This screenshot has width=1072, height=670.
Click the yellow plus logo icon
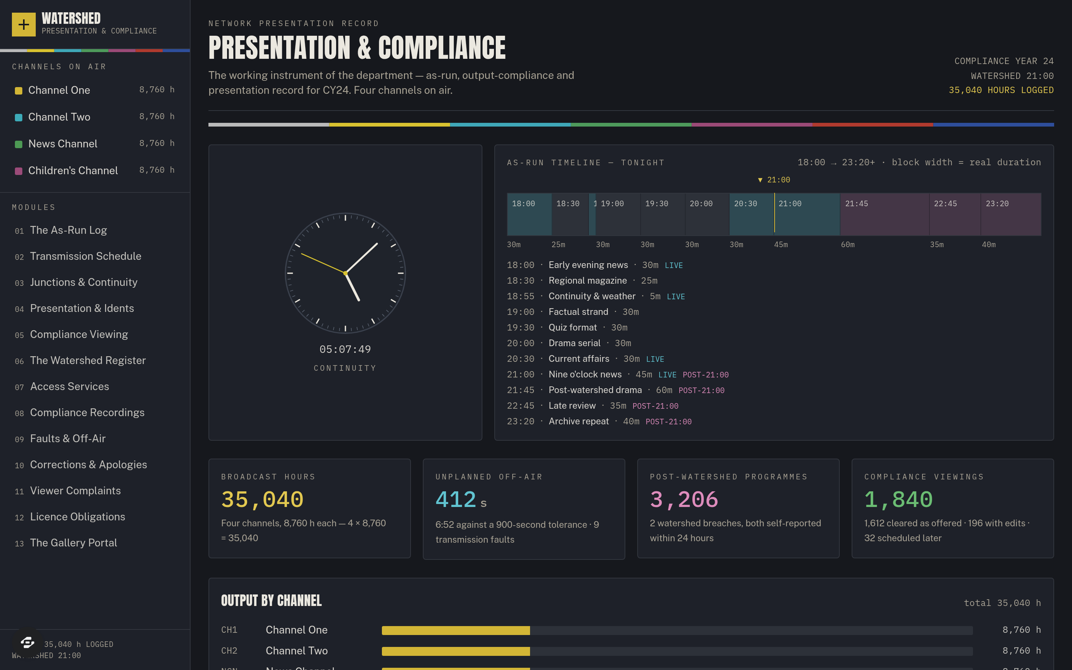coord(23,24)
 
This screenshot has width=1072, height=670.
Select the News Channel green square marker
coord(19,144)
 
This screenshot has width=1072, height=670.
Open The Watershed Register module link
coord(88,360)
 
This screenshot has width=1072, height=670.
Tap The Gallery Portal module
coord(74,542)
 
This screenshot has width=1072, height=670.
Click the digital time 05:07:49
coord(345,349)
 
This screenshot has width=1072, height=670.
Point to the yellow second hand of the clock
coord(323,263)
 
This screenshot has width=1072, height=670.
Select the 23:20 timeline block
coord(1011,214)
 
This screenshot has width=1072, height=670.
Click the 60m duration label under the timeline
coord(848,245)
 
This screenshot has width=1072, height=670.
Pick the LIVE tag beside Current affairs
coord(655,359)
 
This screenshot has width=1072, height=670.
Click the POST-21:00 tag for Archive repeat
coord(669,421)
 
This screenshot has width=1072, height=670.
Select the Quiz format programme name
coord(572,328)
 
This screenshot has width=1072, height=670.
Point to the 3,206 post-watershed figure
coord(683,500)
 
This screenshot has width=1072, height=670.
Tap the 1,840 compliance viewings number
coord(898,500)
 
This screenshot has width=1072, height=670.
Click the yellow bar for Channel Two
coord(456,651)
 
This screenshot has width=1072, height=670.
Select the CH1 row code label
coord(229,630)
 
